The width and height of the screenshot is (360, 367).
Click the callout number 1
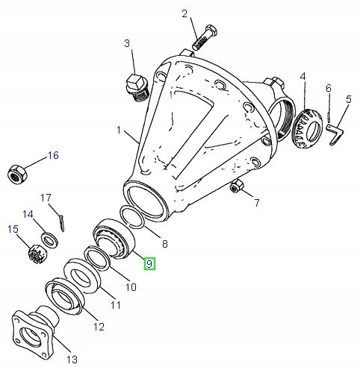(118, 131)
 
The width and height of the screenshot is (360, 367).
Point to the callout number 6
(328, 89)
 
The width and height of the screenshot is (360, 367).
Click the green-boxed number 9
(149, 263)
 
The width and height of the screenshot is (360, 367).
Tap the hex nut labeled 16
(16, 174)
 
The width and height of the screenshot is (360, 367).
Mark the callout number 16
(52, 155)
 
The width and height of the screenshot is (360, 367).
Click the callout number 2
(184, 13)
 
